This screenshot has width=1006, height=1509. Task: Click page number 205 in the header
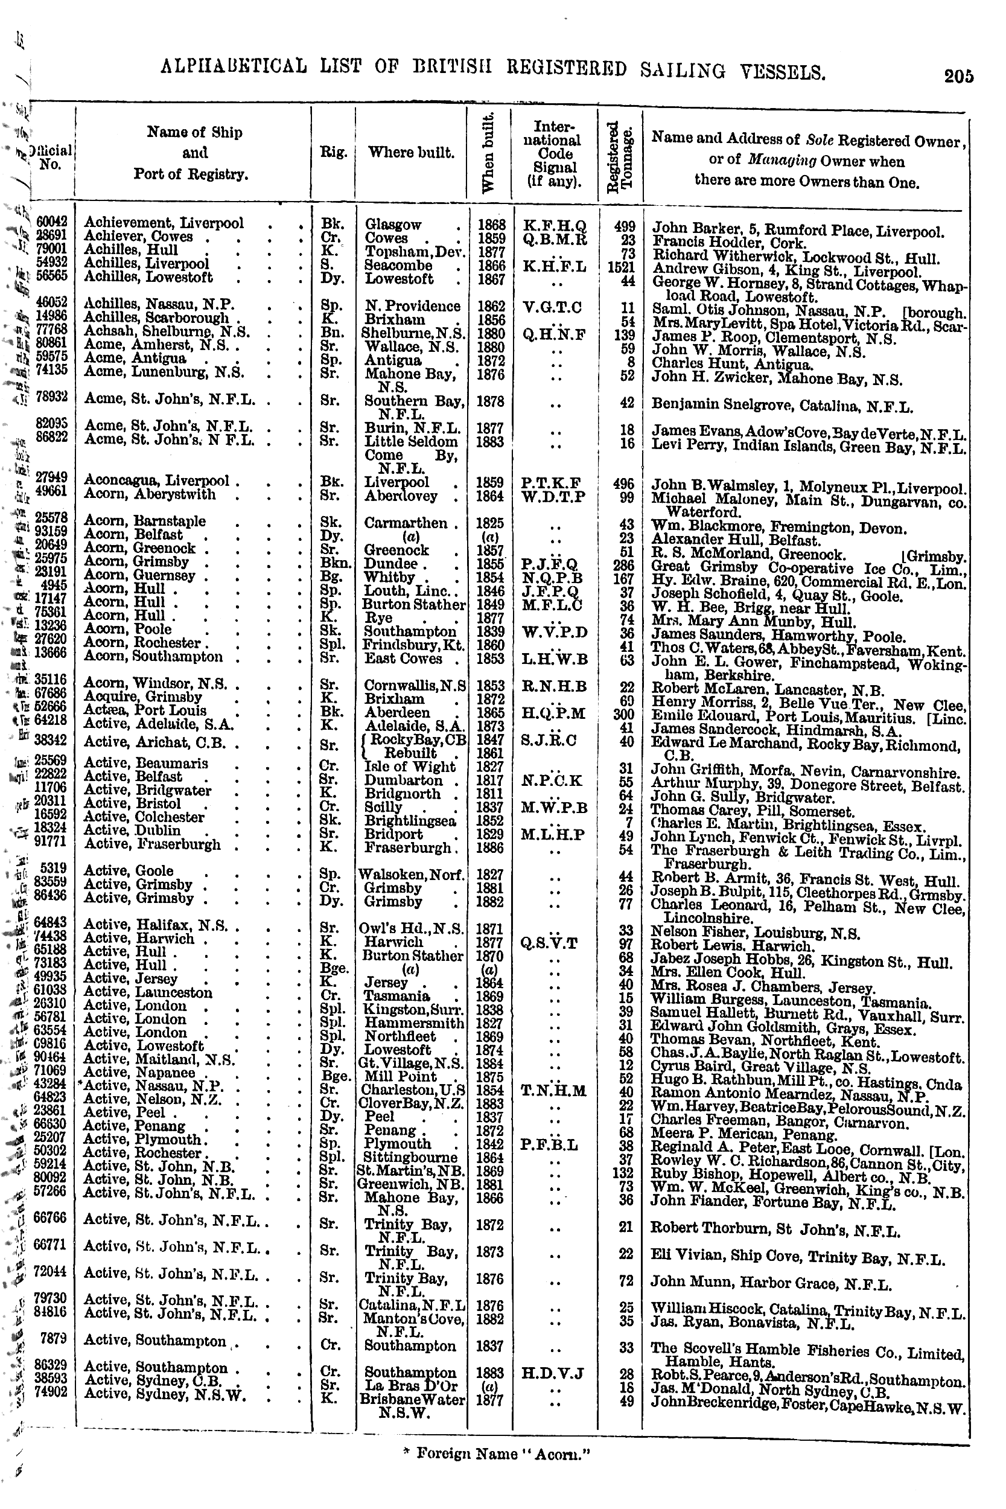(958, 76)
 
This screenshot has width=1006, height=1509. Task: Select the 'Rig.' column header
(334, 153)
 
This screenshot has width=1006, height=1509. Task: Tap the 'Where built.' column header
(411, 153)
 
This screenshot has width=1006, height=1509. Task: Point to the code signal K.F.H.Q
(555, 226)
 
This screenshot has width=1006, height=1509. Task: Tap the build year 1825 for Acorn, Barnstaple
(490, 523)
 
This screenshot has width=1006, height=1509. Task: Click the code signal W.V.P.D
(555, 632)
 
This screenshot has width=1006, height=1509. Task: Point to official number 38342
(51, 739)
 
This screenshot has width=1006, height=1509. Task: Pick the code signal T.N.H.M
(555, 1090)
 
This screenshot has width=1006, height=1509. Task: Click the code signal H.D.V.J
(553, 1374)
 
